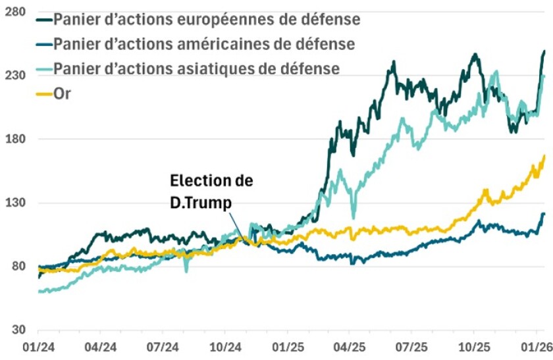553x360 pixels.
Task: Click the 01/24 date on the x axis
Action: point(38,346)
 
